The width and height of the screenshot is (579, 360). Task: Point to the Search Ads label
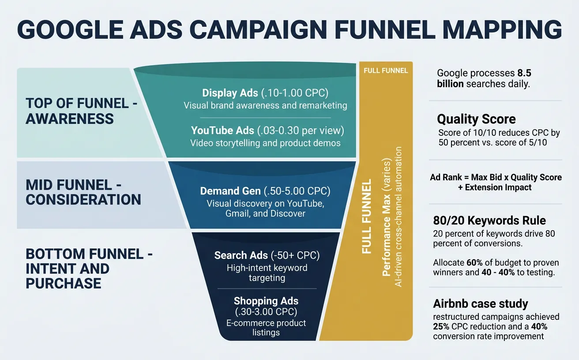coord(241,255)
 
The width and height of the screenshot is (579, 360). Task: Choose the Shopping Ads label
coord(266,301)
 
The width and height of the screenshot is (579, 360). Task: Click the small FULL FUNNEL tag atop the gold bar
coord(385,71)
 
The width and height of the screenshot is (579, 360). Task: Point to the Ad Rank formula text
coord(496,182)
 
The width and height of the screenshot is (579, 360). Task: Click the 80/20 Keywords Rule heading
coord(489,220)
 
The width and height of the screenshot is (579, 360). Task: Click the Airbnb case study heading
coord(480,304)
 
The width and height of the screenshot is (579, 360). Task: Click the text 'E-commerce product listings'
coord(266,327)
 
